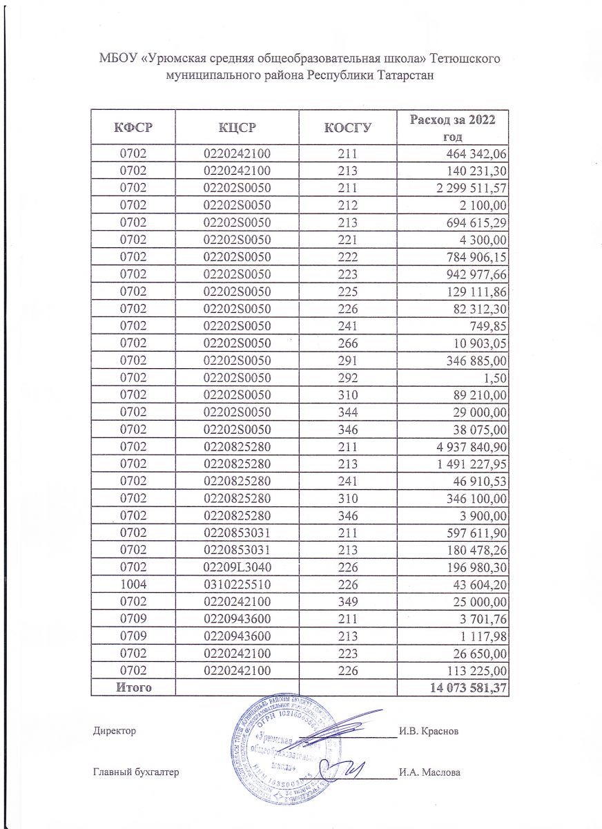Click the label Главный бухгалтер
click(x=135, y=772)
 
